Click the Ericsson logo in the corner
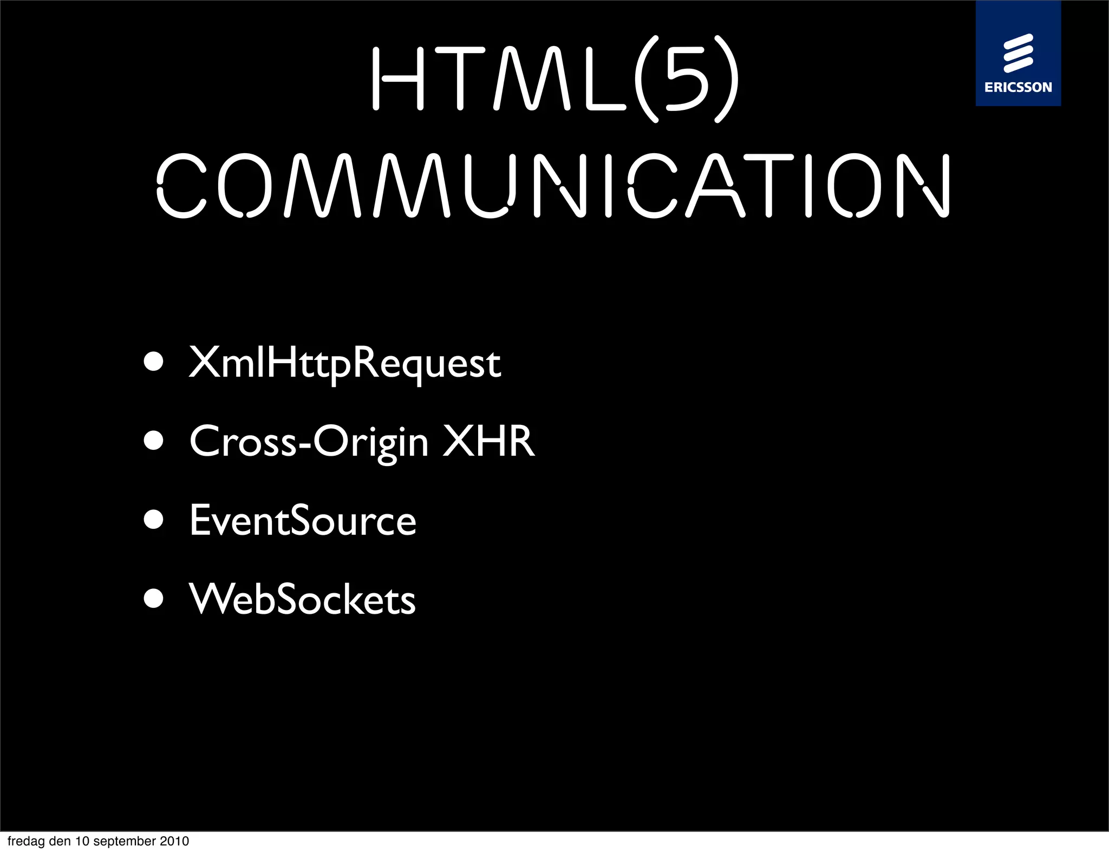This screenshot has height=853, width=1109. point(1018,53)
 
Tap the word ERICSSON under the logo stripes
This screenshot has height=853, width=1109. point(1018,87)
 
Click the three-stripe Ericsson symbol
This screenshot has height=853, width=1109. point(1018,53)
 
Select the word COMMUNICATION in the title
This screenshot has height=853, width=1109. point(553,186)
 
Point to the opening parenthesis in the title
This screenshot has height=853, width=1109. point(647,79)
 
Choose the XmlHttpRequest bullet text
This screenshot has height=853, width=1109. point(344,363)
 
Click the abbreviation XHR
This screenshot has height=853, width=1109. point(489,441)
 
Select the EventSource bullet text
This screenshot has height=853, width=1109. point(303,520)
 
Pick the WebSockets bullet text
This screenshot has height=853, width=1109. point(302,599)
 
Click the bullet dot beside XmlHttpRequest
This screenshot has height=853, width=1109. point(154,362)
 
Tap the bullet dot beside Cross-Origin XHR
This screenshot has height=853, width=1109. point(154,441)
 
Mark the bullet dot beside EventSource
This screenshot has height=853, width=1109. point(154,520)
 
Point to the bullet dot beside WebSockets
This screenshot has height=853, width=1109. point(154,599)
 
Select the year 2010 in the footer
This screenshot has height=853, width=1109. point(174,841)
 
